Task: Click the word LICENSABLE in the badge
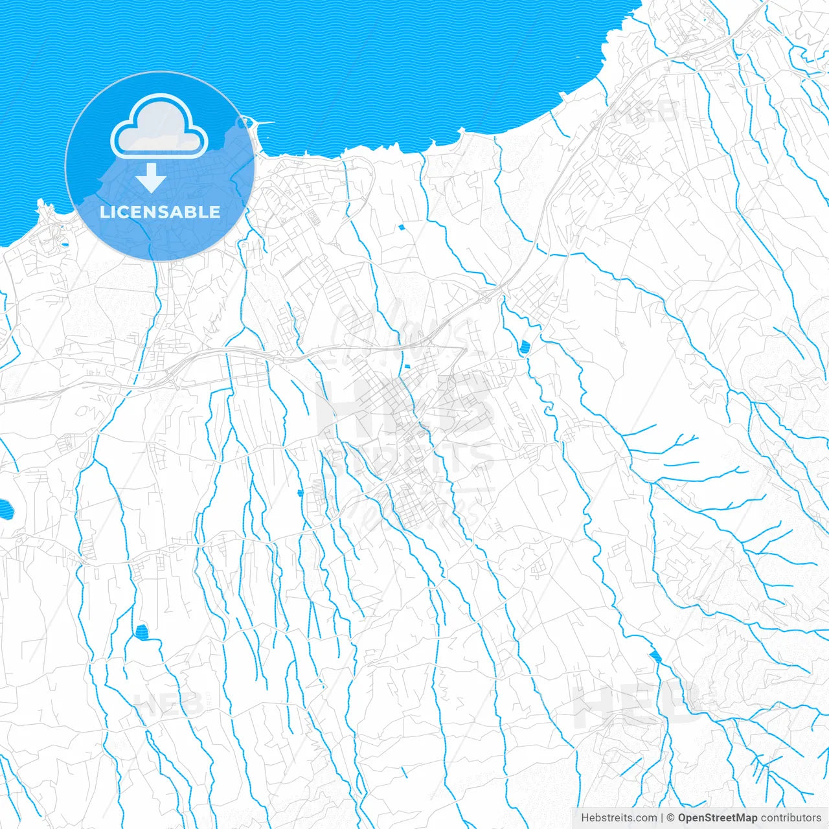160,212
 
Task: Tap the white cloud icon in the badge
159,127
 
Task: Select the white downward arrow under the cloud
151,178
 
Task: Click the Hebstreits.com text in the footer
619,818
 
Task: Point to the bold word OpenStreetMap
717,818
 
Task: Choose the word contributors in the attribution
790,818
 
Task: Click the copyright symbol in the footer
671,818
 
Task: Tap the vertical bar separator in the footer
662,818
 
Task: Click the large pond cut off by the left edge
5,510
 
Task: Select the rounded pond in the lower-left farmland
141,630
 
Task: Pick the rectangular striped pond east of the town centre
523,347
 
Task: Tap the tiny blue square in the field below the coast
402,227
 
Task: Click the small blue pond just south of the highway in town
407,367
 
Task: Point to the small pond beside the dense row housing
300,494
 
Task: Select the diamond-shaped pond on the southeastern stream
655,656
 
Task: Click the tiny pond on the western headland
64,245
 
